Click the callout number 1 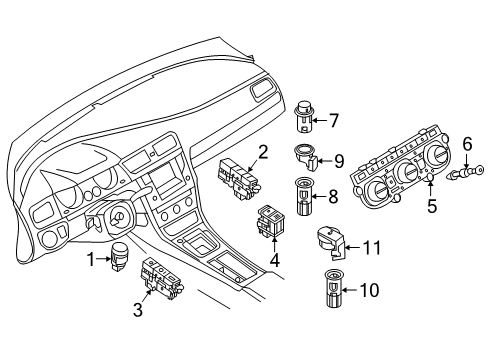[91, 260]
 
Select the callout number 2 [263, 152]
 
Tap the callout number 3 [138, 310]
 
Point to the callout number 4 [275, 260]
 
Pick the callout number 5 [432, 206]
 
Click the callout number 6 [467, 144]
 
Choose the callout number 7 [334, 120]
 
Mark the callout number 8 [333, 196]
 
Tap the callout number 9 [339, 161]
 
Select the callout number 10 [369, 290]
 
